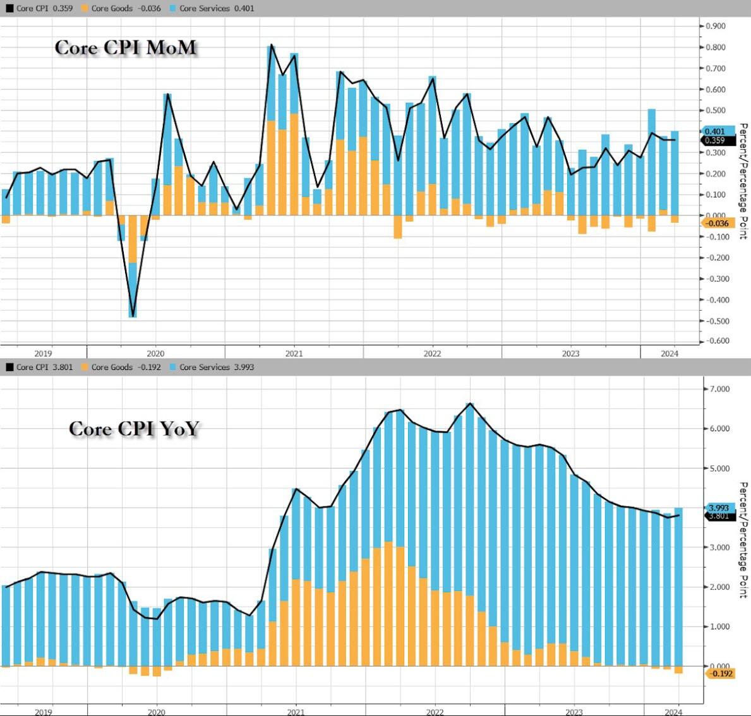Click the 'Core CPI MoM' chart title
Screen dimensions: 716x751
coord(125,48)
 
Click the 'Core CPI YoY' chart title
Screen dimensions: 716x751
coord(134,429)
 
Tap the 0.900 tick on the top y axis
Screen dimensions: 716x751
coord(715,26)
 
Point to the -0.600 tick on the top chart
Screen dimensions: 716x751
coord(715,341)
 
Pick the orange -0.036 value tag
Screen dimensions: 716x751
coord(717,224)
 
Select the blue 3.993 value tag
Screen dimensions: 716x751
coord(719,508)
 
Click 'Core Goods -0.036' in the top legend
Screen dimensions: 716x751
coord(120,8)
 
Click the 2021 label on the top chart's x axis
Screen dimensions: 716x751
coord(294,354)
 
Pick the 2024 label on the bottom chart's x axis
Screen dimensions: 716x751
coord(670,712)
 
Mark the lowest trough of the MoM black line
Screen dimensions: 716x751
coord(133,316)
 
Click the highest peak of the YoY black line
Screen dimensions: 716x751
coord(470,403)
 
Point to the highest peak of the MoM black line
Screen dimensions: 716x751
coord(271,45)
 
